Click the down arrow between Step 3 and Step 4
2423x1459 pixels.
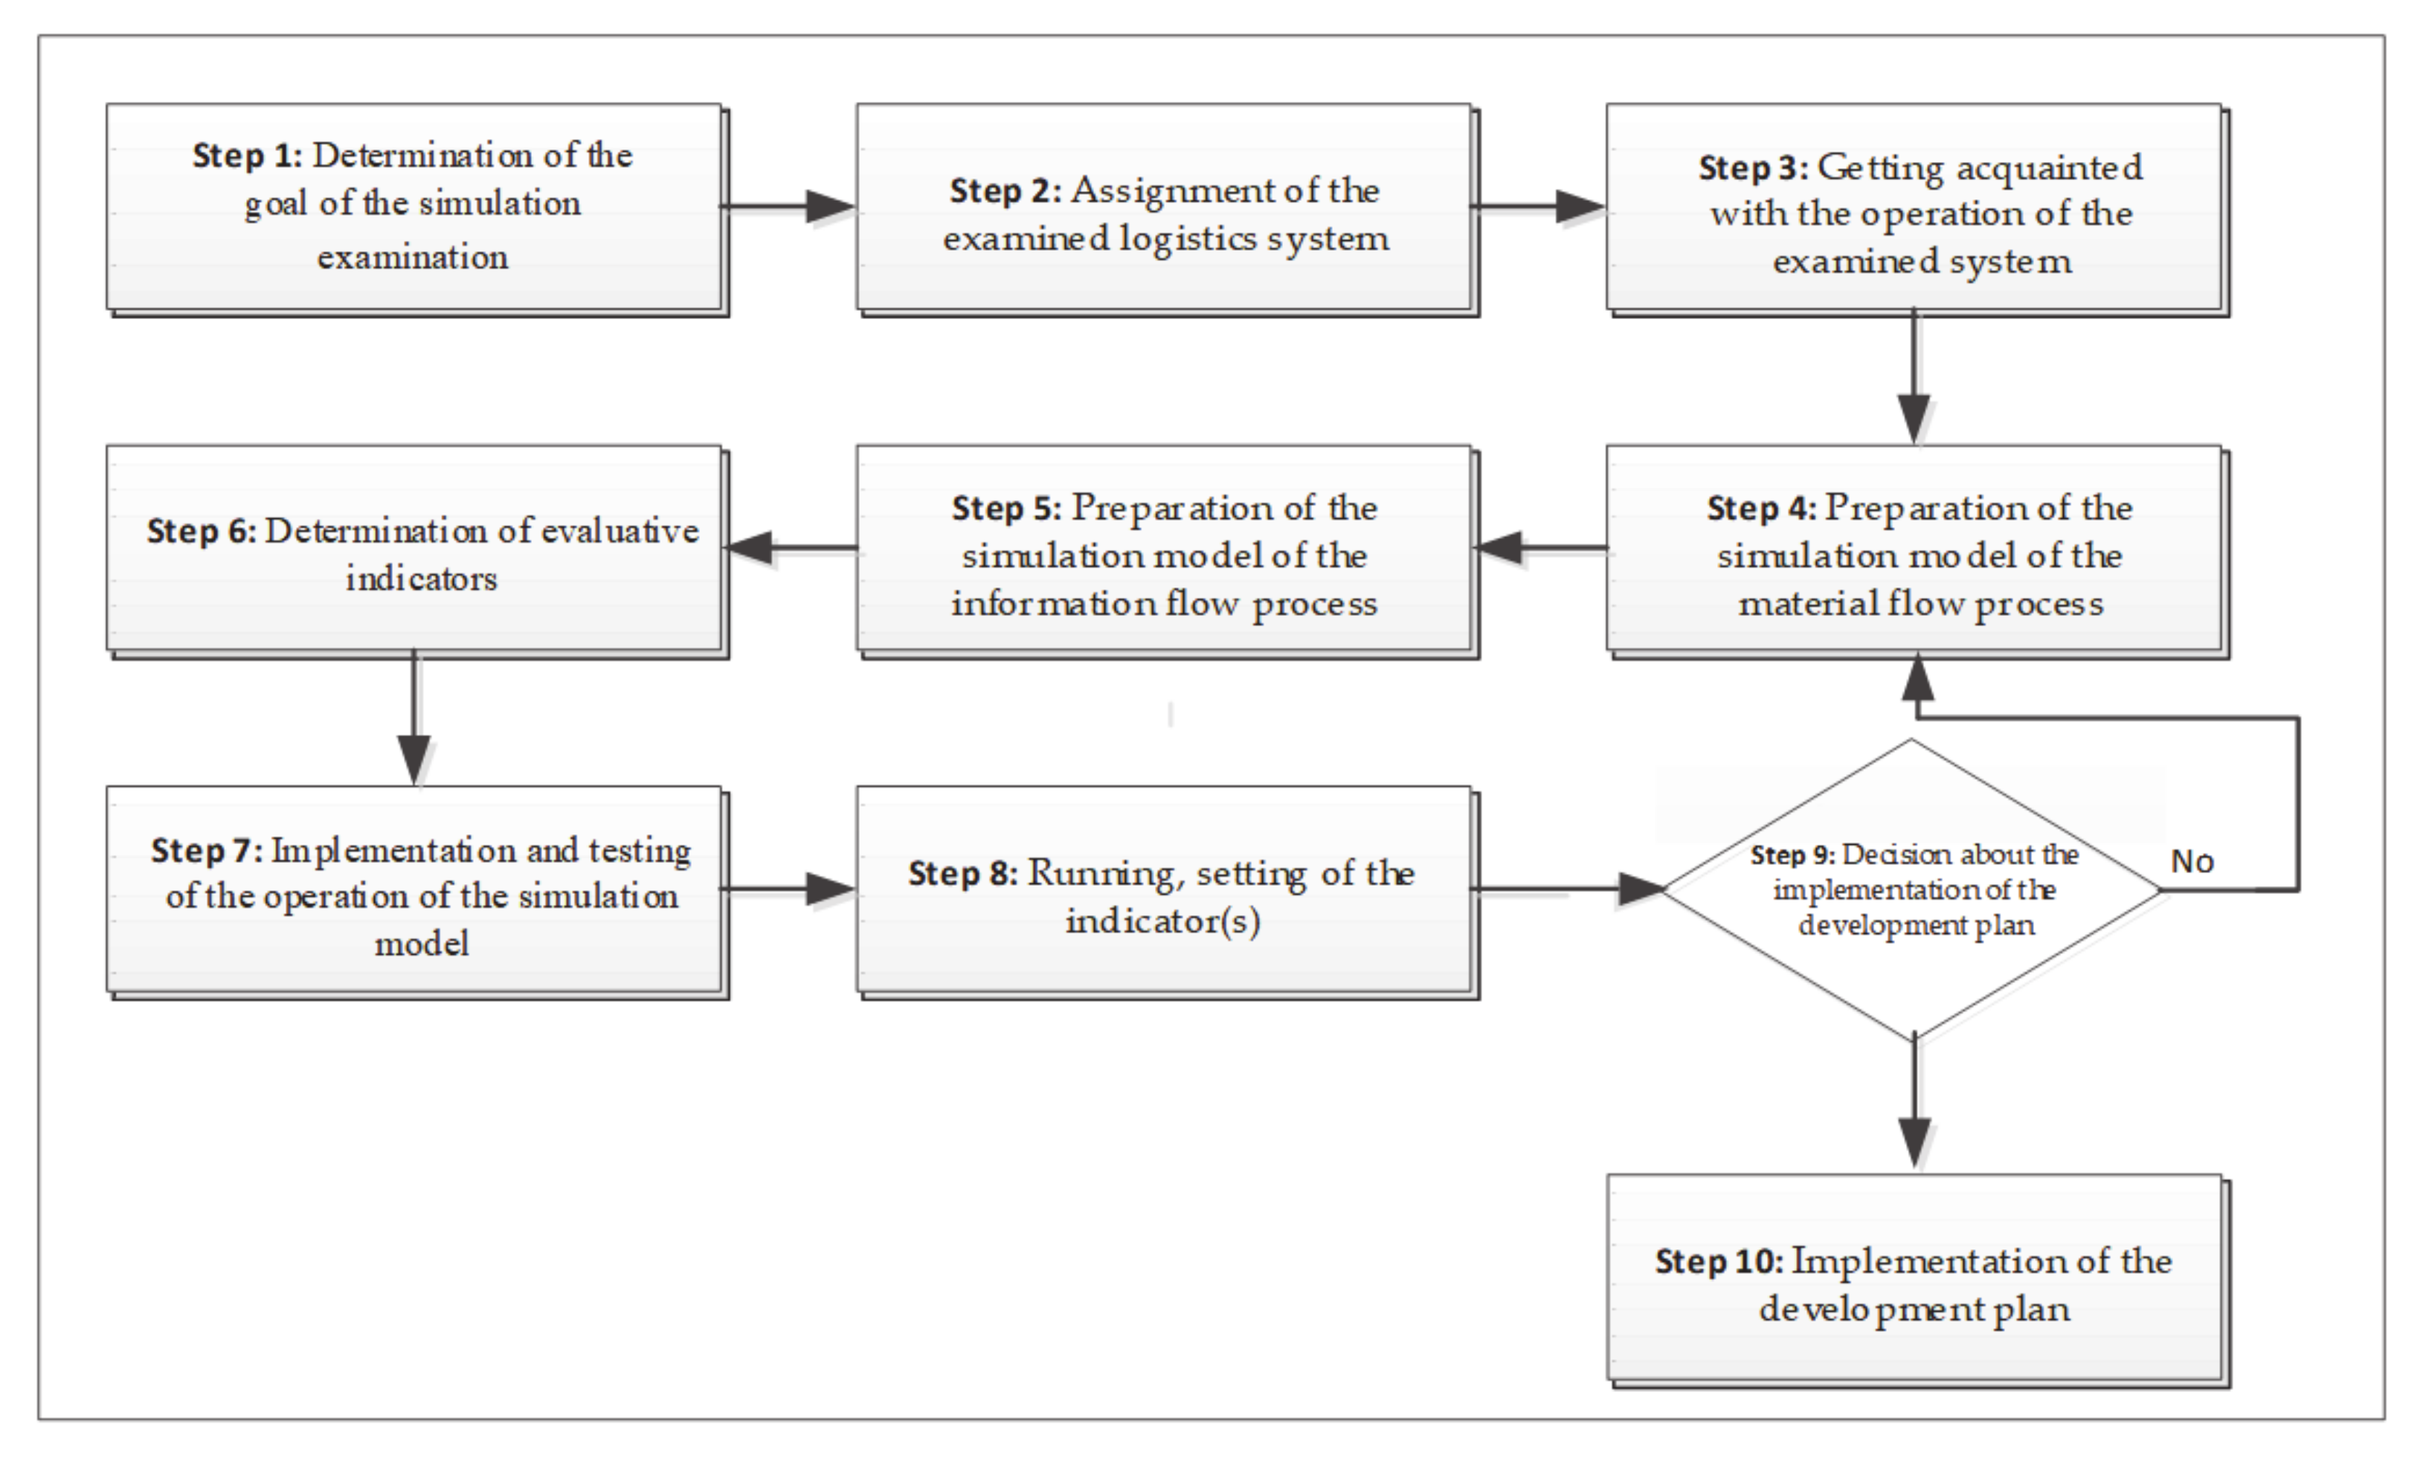1913,417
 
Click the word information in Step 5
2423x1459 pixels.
1053,602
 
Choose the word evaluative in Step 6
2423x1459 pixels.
620,532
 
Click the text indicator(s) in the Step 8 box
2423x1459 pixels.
1163,921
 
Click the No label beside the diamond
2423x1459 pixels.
2191,862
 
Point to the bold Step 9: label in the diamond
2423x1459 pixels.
1791,855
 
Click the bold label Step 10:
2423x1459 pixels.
1717,1261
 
